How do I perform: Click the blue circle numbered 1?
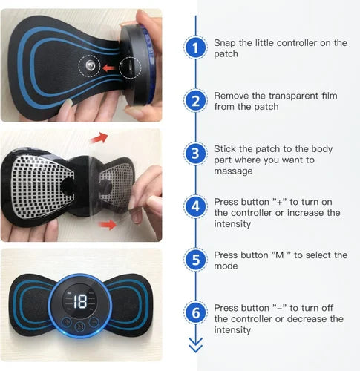(196, 48)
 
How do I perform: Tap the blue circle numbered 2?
(196, 101)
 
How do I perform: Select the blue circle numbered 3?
(196, 154)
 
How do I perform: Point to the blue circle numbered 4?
(196, 207)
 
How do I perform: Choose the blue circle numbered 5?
(196, 260)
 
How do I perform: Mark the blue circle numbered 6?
(196, 312)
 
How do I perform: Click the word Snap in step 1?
(226, 43)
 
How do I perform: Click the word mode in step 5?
(226, 266)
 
